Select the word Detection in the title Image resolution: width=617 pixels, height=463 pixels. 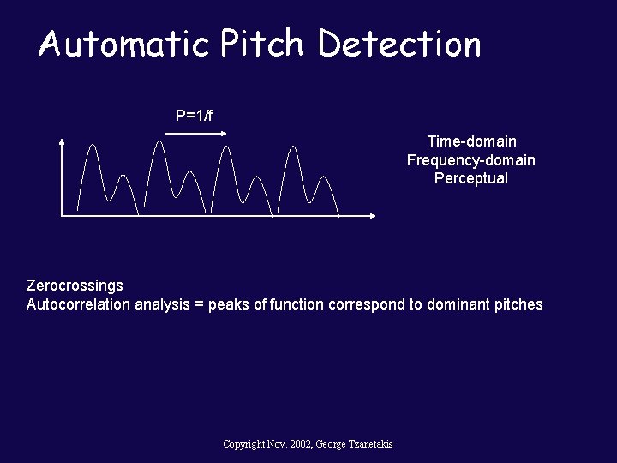coord(399,45)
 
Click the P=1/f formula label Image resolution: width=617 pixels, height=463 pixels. coord(195,116)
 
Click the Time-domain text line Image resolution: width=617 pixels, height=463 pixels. coord(471,141)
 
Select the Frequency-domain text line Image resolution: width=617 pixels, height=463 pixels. coord(471,160)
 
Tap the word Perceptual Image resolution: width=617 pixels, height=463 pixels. coord(471,178)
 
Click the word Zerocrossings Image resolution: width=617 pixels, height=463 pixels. coord(75,286)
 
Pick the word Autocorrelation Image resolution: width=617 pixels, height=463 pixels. coord(79,304)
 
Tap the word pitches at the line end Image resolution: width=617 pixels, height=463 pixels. coord(518,304)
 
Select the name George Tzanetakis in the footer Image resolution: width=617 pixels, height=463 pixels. coord(354,444)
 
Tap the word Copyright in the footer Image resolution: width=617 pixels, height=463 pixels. coord(243,444)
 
